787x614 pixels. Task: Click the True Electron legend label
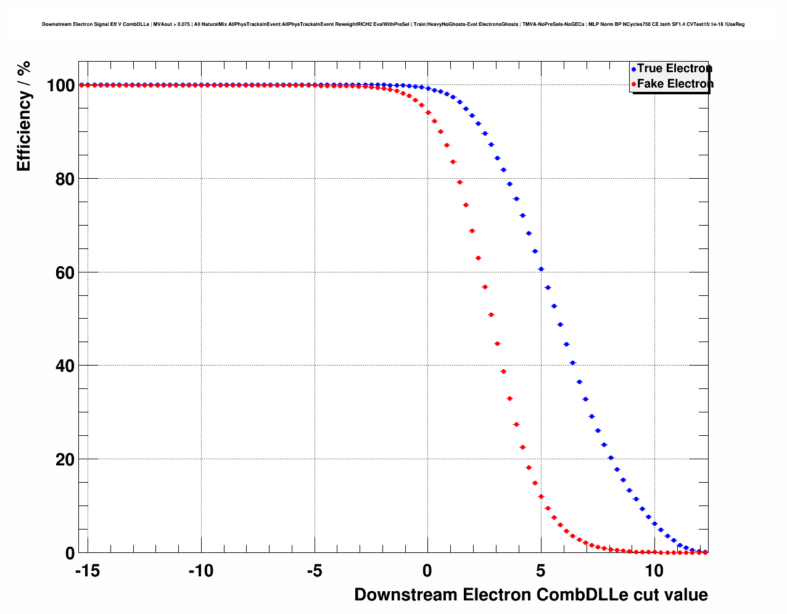click(674, 68)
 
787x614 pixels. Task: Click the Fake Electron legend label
click(675, 84)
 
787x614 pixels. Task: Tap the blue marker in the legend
click(633, 69)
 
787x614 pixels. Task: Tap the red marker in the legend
click(633, 84)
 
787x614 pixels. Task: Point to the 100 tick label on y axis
click(60, 86)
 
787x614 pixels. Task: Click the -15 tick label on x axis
click(87, 571)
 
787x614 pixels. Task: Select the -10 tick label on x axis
click(200, 571)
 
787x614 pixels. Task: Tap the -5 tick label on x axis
click(314, 571)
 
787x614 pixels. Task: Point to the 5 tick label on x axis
click(541, 571)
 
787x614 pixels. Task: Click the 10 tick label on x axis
click(654, 571)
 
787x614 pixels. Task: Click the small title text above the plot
click(393, 25)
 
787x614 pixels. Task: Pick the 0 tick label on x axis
click(427, 571)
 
